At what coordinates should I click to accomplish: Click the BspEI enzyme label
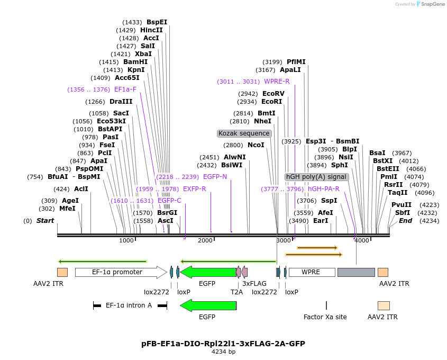click(157, 22)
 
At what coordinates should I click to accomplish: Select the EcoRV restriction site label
click(273, 94)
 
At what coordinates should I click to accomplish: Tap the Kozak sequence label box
click(244, 133)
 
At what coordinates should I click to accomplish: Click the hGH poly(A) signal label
click(316, 177)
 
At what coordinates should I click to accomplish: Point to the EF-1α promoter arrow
click(121, 272)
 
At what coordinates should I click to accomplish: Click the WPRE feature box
click(311, 272)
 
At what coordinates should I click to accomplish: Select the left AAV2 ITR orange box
click(62, 272)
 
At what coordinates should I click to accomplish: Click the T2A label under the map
click(236, 292)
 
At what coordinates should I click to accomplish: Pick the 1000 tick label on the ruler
click(126, 241)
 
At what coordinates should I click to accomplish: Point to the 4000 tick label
click(362, 241)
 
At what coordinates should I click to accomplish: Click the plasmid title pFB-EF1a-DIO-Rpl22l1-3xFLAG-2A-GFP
click(223, 344)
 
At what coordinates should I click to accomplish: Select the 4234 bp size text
click(223, 352)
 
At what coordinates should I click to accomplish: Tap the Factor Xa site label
click(325, 317)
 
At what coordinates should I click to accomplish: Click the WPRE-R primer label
click(277, 82)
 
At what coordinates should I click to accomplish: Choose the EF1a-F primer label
click(125, 89)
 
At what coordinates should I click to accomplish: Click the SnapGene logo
click(430, 4)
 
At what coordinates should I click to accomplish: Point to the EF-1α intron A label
click(129, 305)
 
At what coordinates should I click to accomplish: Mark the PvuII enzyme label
click(401, 205)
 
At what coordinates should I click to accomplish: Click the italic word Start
click(45, 221)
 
